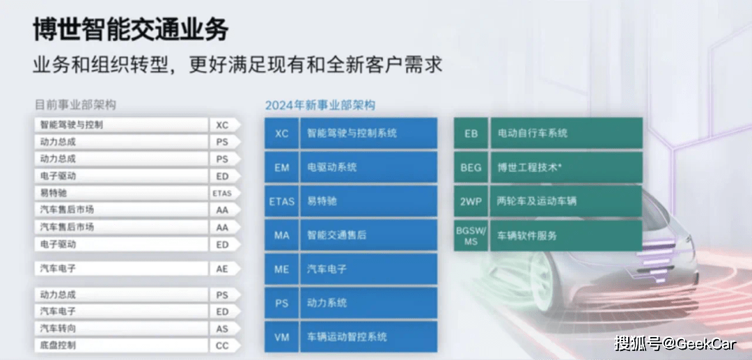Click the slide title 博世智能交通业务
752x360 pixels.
130,30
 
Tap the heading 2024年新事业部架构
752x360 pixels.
320,105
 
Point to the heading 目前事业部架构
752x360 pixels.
75,104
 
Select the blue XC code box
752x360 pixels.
281,133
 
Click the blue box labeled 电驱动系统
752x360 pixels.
368,167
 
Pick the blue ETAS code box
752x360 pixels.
281,201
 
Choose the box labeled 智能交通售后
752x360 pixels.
368,235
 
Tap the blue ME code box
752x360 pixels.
281,269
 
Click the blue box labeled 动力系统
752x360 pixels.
368,304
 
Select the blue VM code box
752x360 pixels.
281,338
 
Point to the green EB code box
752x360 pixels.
471,133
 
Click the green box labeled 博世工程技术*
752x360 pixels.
566,167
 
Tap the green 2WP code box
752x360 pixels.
471,201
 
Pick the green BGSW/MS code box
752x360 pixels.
471,235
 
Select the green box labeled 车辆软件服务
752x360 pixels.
566,235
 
